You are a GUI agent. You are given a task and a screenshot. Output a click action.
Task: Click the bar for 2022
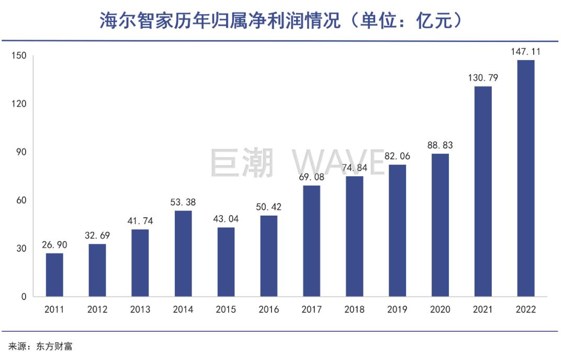click(x=526, y=178)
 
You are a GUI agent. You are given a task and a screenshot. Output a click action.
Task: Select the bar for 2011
click(x=54, y=275)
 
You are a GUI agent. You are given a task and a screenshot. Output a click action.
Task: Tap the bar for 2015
click(x=226, y=262)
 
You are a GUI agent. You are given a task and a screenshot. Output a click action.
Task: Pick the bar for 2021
click(x=483, y=192)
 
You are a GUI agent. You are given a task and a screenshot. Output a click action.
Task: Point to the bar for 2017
click(x=312, y=241)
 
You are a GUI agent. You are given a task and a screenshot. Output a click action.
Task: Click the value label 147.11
click(x=526, y=52)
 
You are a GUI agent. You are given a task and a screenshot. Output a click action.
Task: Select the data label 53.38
click(x=183, y=202)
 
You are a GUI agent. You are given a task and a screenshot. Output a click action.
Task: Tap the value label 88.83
click(x=440, y=145)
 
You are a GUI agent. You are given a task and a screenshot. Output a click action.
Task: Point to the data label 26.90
click(x=54, y=245)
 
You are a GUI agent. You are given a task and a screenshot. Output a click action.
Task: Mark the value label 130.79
click(x=483, y=78)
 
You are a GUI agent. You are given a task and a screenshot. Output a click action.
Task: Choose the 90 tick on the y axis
click(x=21, y=152)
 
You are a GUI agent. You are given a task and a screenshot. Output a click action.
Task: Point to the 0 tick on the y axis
click(x=24, y=297)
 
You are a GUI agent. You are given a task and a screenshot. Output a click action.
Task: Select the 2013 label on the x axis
click(x=140, y=310)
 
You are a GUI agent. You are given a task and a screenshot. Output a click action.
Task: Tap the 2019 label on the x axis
click(x=397, y=310)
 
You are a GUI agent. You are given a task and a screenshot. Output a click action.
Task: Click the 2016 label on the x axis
click(x=269, y=310)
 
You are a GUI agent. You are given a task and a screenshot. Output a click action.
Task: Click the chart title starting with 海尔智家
click(x=282, y=21)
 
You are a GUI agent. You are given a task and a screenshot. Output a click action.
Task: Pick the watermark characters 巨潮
click(x=242, y=162)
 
